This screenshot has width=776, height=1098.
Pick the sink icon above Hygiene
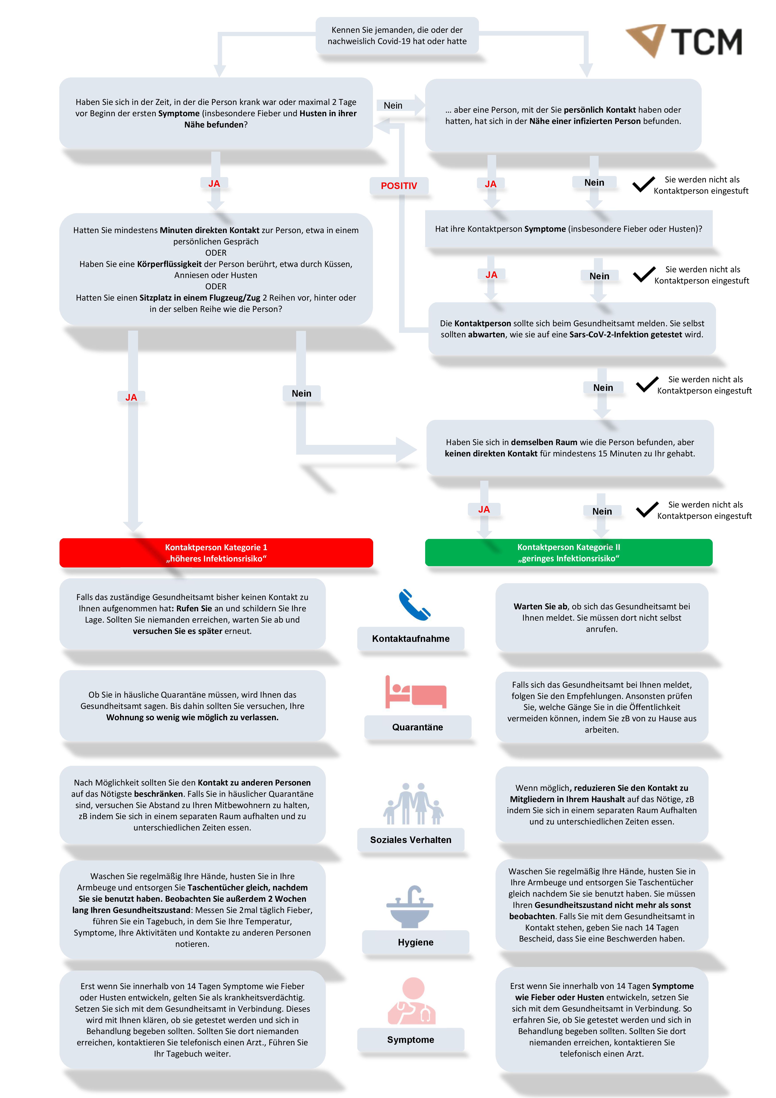(410, 906)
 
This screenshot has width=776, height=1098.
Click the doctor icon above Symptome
(412, 1001)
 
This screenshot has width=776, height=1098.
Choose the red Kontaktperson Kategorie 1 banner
(216, 553)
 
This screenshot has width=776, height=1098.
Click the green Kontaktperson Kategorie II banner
(569, 553)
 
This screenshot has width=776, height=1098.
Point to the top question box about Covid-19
(397, 35)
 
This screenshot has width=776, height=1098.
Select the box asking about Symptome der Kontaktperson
(569, 229)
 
